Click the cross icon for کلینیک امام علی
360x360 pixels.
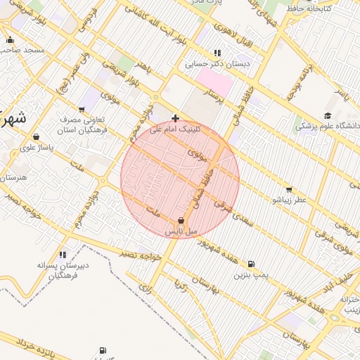point(175,118)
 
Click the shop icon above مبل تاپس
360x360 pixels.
point(181,221)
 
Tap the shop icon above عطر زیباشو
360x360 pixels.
point(289,189)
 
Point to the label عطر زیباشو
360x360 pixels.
point(290,200)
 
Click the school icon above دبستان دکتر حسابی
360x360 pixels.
point(217,53)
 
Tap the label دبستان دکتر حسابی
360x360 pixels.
point(213,64)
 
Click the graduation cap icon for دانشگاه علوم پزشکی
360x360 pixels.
point(328,116)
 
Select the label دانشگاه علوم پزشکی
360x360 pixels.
point(328,127)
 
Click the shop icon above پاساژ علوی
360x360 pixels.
point(36,137)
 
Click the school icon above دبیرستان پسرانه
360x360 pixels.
point(63,255)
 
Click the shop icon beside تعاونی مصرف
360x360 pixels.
point(82,110)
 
